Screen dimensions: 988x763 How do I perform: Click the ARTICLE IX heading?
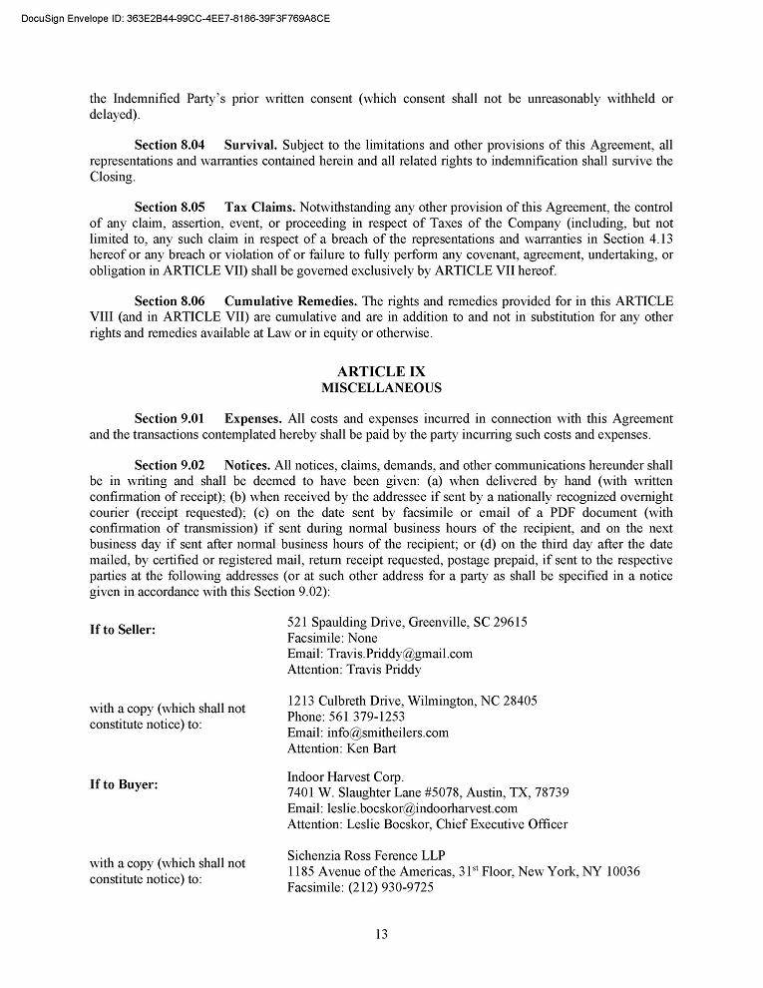point(381,371)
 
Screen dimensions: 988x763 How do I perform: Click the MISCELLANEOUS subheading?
point(381,387)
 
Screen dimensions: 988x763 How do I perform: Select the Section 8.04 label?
point(170,146)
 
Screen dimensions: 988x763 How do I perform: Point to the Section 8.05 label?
point(170,208)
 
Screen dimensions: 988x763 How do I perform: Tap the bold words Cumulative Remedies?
point(290,301)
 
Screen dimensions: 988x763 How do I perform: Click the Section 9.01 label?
point(170,418)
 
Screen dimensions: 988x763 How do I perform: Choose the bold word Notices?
point(247,465)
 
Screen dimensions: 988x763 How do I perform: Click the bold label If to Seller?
point(123,630)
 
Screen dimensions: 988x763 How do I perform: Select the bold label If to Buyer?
point(124,784)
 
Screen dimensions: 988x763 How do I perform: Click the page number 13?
point(381,934)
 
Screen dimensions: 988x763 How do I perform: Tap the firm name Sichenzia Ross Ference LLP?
point(366,855)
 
